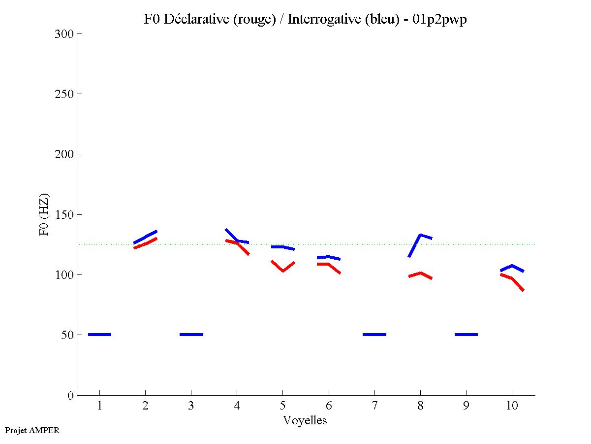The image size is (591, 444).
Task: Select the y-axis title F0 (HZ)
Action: pyautogui.click(x=44, y=214)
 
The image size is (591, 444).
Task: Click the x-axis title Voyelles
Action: pyautogui.click(x=305, y=420)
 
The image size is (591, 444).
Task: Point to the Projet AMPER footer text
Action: pyautogui.click(x=32, y=430)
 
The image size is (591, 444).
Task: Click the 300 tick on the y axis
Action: pyautogui.click(x=64, y=34)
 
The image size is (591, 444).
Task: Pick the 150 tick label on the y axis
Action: pyautogui.click(x=64, y=215)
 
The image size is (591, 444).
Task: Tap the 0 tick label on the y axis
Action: pyautogui.click(x=70, y=395)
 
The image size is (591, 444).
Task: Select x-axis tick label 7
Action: pyautogui.click(x=374, y=407)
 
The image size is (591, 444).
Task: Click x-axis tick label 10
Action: pyautogui.click(x=512, y=407)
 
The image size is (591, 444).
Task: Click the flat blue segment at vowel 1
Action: pyautogui.click(x=99, y=335)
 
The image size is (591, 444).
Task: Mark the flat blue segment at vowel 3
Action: pyautogui.click(x=191, y=335)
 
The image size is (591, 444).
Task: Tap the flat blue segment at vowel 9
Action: pyautogui.click(x=466, y=335)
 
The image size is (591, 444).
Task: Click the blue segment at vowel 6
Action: pyautogui.click(x=328, y=257)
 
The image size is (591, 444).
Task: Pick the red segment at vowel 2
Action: pyautogui.click(x=146, y=243)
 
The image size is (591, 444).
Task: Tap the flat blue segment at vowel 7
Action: pyautogui.click(x=374, y=335)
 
